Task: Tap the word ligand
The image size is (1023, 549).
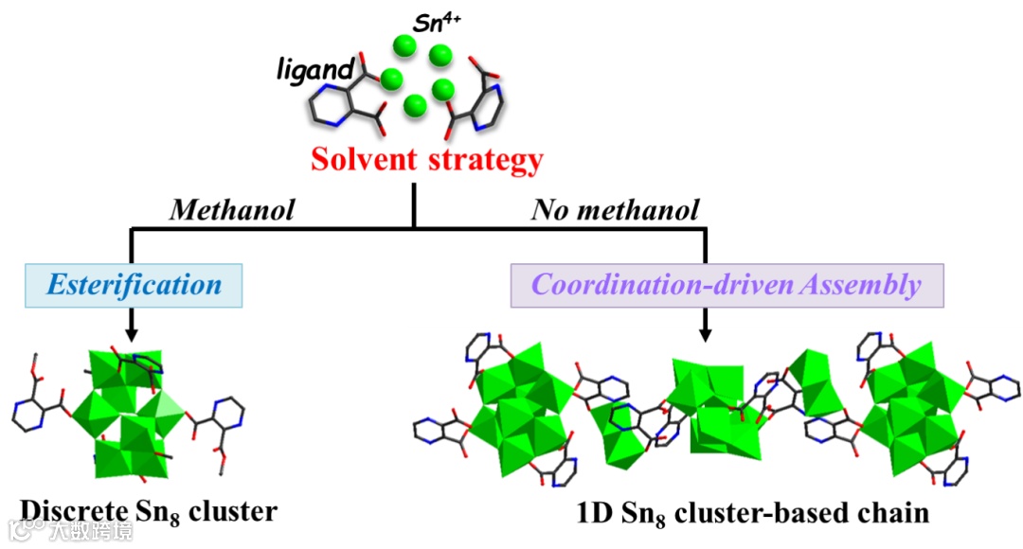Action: [316, 68]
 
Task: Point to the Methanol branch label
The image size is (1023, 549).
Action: [232, 209]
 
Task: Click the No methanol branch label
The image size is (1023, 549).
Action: [616, 209]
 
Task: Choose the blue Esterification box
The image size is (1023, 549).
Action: [134, 284]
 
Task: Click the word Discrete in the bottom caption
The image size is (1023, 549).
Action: [75, 512]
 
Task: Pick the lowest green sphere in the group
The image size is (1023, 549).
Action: [414, 106]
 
